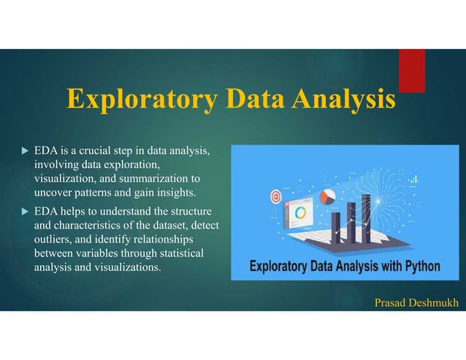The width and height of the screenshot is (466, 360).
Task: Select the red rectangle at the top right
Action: [x=411, y=70]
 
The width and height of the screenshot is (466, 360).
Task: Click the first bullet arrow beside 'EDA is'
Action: [x=24, y=152]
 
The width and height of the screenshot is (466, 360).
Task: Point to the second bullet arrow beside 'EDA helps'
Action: [x=24, y=212]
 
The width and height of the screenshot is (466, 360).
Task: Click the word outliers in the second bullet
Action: [x=53, y=240]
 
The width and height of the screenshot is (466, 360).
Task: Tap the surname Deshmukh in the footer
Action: [x=436, y=302]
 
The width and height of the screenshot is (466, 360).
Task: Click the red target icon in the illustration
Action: [x=276, y=196]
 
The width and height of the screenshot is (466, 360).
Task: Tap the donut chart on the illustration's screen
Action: [x=301, y=213]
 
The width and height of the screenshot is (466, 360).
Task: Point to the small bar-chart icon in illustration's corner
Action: [x=414, y=179]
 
